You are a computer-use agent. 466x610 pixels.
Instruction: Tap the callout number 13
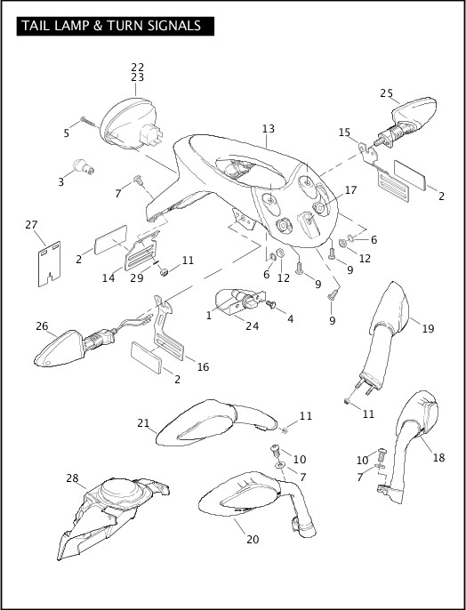click(x=268, y=130)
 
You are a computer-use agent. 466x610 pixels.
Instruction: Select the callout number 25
click(x=386, y=92)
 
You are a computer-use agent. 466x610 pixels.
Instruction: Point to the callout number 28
click(x=72, y=478)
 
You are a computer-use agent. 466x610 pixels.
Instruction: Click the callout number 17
click(x=350, y=189)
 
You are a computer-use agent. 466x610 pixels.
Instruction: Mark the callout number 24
click(x=253, y=325)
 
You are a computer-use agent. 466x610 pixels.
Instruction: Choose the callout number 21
click(x=142, y=422)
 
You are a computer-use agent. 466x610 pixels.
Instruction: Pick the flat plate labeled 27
click(x=44, y=264)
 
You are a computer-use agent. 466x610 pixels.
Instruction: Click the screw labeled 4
click(x=272, y=306)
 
